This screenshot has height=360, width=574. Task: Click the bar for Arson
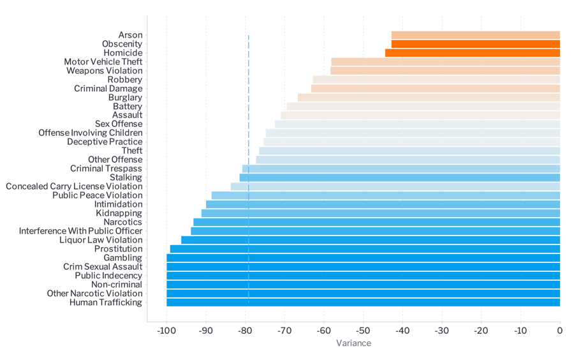coord(475,35)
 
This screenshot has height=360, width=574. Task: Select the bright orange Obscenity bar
coord(475,44)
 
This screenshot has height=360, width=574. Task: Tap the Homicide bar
coord(472,53)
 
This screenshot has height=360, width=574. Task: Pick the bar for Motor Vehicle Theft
coord(445,62)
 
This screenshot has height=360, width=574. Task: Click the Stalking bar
coord(399,177)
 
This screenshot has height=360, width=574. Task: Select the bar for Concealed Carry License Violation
coord(395,186)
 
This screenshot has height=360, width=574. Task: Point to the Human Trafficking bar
coord(363,303)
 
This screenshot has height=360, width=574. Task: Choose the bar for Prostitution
coord(365,249)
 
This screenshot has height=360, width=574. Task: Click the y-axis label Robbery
coord(125,80)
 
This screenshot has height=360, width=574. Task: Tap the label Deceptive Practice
coord(105,142)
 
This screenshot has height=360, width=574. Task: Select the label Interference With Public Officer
coord(81,231)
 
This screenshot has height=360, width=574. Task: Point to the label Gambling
coord(123,258)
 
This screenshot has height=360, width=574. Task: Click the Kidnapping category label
coord(119,213)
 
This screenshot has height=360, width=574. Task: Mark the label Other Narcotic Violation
coord(94,294)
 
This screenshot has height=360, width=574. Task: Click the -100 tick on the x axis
coord(166,330)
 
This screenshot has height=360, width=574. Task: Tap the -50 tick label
coord(363,330)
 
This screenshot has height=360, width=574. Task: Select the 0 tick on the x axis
coord(559,330)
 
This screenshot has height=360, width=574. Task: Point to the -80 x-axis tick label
coord(245,330)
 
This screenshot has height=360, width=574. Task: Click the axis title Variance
coord(353,343)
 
